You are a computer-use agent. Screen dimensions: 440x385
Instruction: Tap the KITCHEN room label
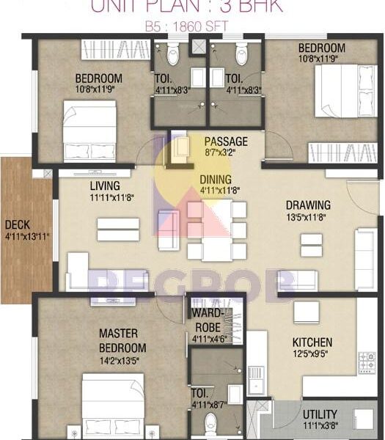312,342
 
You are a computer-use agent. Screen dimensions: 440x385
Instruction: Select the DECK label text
17,225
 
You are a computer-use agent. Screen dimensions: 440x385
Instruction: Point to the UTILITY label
320,414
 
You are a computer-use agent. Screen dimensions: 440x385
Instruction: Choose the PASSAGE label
225,141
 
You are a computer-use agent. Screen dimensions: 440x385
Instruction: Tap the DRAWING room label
307,205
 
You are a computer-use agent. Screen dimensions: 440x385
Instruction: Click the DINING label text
216,180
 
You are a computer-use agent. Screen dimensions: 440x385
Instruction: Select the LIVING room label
105,186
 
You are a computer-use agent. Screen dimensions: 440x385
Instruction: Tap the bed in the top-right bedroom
345,91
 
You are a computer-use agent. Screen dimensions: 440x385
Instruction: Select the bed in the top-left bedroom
89,130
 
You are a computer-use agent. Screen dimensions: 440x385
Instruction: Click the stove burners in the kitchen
366,362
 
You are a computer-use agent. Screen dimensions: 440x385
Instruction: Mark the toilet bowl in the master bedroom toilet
211,424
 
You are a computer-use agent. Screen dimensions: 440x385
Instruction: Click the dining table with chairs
216,229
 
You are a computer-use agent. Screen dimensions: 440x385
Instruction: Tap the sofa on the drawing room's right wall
365,250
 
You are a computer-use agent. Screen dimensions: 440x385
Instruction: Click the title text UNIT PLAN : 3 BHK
186,7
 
